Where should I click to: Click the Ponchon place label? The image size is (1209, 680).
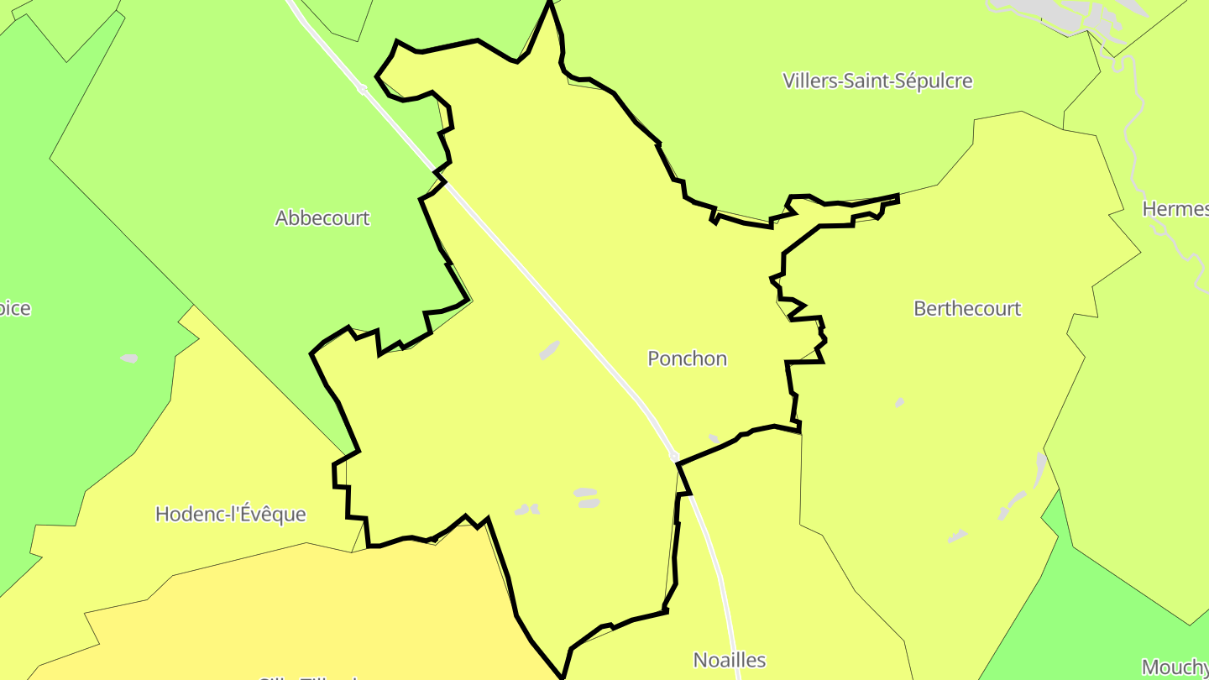[x=687, y=358]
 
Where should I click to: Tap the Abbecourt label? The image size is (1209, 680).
[x=322, y=218]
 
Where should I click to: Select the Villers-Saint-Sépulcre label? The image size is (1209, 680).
[x=877, y=81]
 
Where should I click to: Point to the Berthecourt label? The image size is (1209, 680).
[x=967, y=309]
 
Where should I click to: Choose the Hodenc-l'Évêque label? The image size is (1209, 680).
[x=231, y=514]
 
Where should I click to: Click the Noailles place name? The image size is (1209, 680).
[x=730, y=660]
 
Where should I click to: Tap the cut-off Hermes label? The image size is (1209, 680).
[x=1175, y=209]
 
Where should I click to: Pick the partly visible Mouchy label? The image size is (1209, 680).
[x=1175, y=667]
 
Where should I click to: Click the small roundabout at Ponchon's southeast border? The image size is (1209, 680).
[x=674, y=456]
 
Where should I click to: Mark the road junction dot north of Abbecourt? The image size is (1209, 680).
[x=362, y=88]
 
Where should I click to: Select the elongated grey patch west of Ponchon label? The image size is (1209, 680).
[x=549, y=350]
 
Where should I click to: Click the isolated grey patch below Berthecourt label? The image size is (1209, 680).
[x=900, y=403]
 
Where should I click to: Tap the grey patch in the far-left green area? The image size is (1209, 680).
[x=128, y=358]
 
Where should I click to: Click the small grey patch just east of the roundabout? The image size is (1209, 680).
[x=714, y=438]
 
